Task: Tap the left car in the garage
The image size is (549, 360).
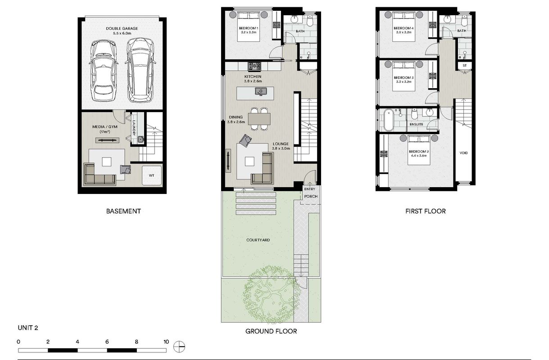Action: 104,71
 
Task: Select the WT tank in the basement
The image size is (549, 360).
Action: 152,175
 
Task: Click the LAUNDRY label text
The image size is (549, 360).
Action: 134,128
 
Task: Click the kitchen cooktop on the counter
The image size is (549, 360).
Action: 254,66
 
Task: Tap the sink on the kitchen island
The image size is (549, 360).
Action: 261,92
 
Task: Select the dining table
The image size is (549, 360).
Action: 259,119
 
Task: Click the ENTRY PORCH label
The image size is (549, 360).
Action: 310,193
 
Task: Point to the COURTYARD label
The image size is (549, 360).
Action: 258,240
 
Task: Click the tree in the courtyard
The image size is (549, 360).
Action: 272,294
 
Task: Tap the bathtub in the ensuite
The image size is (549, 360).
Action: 389,120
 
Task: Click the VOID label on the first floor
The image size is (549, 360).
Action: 463,153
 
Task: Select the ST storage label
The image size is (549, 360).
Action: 465,66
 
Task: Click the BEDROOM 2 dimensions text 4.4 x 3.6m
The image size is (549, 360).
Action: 418,156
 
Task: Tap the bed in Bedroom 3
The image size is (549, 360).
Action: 404,76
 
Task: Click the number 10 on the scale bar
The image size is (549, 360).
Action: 166,342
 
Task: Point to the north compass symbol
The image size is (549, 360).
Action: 179,347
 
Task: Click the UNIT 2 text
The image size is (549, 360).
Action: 28,328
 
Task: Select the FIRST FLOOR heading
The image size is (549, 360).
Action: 426,211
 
